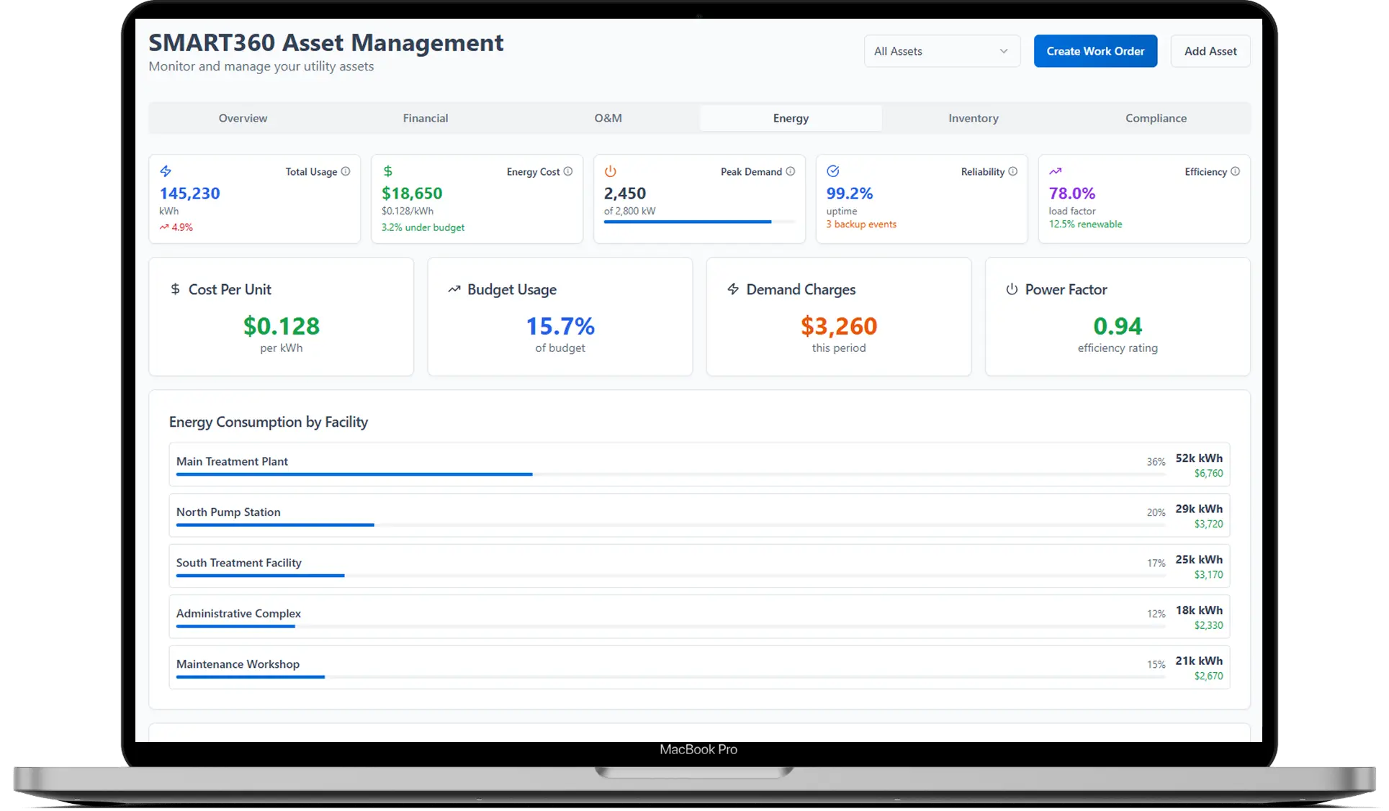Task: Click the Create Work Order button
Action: coord(1095,51)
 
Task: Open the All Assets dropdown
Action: coord(941,51)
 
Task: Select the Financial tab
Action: coord(425,118)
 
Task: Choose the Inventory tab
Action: coord(973,118)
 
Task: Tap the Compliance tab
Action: coord(1156,118)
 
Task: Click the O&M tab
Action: coord(608,118)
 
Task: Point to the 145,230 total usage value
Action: coord(189,194)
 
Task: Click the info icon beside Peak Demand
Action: coord(791,171)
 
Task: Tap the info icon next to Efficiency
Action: coord(1236,171)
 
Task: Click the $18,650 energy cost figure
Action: coord(412,194)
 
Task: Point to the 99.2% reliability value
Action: coord(850,194)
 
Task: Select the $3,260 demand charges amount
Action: coord(839,327)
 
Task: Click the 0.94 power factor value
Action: coord(1118,327)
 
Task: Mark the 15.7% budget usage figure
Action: coord(560,327)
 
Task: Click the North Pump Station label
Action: coord(228,512)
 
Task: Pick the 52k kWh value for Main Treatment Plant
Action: coord(1199,458)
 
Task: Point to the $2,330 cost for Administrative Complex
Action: coord(1208,625)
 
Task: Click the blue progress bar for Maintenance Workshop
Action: coord(251,677)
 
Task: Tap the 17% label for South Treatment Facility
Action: coord(1156,563)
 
